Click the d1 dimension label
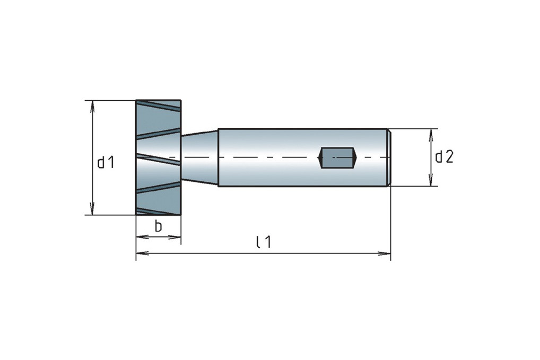(x=106, y=162)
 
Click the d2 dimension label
(x=445, y=157)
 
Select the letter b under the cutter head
(x=158, y=226)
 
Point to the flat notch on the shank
(x=337, y=158)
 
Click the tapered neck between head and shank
(x=200, y=157)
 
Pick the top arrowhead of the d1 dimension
(x=92, y=107)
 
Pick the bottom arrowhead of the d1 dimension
(x=92, y=208)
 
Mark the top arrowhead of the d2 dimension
(x=431, y=135)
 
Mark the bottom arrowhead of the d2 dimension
(x=431, y=180)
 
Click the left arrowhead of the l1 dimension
(x=143, y=253)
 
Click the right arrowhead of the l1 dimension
(x=385, y=253)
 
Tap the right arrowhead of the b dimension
(x=175, y=237)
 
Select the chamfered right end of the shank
(x=388, y=157)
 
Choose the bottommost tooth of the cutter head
(x=159, y=211)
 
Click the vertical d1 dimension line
(x=92, y=157)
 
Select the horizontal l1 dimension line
(x=264, y=253)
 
